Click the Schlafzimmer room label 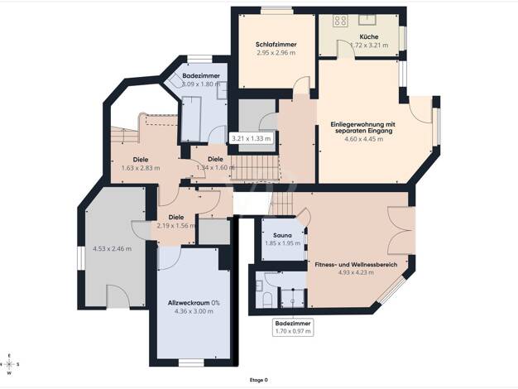tap(276, 45)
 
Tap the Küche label tap(369, 36)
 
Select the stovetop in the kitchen tap(340, 21)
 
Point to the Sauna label tap(282, 235)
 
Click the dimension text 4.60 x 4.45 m tap(364, 139)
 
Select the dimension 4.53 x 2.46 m tap(112, 248)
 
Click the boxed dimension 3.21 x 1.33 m tap(251, 138)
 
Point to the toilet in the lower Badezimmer tap(267, 300)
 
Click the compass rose tap(10, 364)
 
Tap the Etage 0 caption tap(259, 380)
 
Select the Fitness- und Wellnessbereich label tap(356, 264)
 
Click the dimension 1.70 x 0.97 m tap(293, 332)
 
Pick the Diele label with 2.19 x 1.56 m tap(176, 217)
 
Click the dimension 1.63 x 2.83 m tap(141, 168)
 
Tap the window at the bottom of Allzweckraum tap(191, 363)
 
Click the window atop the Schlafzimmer tap(276, 10)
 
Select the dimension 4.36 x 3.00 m tap(194, 311)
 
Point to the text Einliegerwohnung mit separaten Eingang tap(363, 127)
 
